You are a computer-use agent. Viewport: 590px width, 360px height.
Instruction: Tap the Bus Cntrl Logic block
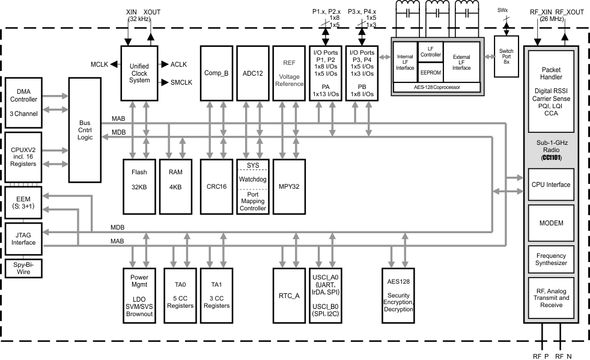point(85,129)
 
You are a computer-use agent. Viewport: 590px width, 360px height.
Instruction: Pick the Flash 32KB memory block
point(139,179)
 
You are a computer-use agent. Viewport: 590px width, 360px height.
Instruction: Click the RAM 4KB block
point(175,179)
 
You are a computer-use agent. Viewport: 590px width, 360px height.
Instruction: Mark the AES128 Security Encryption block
point(398,295)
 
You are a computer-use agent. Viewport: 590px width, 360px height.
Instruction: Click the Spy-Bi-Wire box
point(23,268)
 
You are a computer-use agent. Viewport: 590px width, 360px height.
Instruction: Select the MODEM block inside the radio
point(552,222)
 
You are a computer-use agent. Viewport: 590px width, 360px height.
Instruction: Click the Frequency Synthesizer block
point(552,259)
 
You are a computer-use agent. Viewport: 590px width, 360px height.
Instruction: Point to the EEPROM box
point(430,72)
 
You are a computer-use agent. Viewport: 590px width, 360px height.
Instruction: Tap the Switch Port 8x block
point(506,56)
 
